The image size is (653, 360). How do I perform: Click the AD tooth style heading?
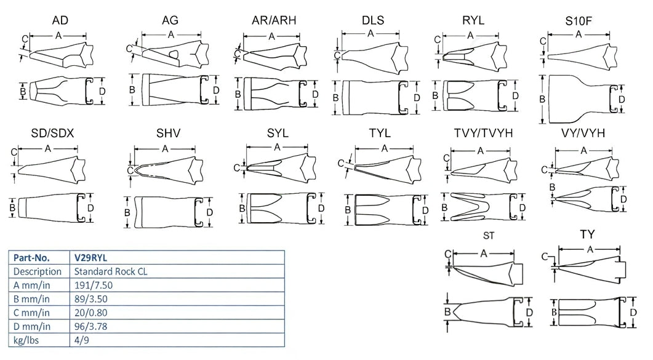[60, 21]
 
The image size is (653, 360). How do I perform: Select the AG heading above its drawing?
[170, 21]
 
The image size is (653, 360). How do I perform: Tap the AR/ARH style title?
[274, 20]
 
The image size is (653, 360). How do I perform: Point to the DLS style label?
[373, 20]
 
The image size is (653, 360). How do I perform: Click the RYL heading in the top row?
[473, 20]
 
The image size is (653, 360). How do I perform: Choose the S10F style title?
[579, 22]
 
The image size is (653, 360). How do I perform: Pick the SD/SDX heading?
[52, 134]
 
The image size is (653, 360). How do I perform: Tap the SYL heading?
[278, 134]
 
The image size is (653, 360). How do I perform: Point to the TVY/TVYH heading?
[483, 134]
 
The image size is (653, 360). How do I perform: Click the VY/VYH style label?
[584, 134]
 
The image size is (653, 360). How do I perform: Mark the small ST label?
[489, 236]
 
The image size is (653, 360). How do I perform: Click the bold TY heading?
[587, 234]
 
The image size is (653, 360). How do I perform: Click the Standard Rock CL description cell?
[113, 271]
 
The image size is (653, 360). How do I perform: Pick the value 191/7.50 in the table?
[92, 286]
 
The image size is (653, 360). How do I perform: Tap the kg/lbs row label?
[28, 340]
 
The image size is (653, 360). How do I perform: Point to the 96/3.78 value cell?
[91, 326]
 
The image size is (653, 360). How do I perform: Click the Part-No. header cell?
[33, 258]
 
